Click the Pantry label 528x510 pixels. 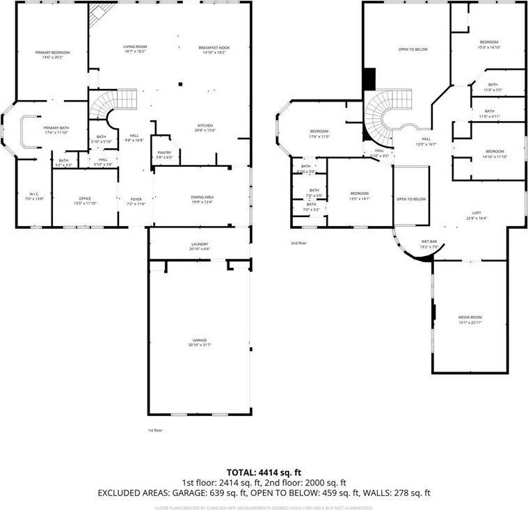pyautogui.click(x=164, y=154)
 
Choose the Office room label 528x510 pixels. pyautogui.click(x=85, y=200)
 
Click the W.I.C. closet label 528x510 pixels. pyautogui.click(x=35, y=196)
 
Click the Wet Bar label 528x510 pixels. pyautogui.click(x=429, y=244)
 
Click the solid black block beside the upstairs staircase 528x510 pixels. pyautogui.click(x=369, y=78)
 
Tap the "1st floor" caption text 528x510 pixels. pyautogui.click(x=156, y=431)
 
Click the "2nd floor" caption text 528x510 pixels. pyautogui.click(x=299, y=243)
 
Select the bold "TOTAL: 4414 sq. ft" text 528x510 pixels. pyautogui.click(x=264, y=472)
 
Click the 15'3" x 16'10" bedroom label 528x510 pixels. pyautogui.click(x=489, y=45)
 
